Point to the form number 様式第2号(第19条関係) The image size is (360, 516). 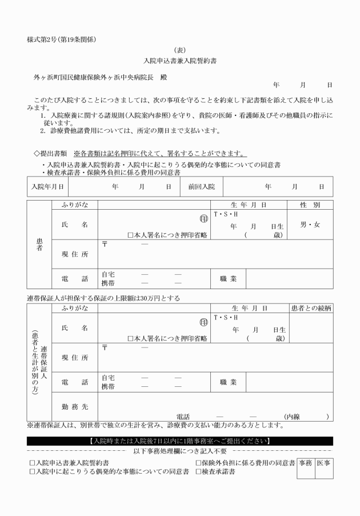[x=61, y=39]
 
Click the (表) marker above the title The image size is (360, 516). [x=179, y=50]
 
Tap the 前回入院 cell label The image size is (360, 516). [x=201, y=186]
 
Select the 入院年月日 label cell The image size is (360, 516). [x=47, y=186]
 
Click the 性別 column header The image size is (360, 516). [x=309, y=205]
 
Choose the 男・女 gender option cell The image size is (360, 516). [x=310, y=225]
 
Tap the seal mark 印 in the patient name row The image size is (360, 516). [x=203, y=218]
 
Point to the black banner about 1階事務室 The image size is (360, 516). [x=180, y=441]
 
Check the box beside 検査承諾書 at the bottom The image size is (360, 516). [x=199, y=472]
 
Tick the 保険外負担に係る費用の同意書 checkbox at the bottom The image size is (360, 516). [x=199, y=462]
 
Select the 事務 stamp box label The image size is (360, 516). [x=305, y=461]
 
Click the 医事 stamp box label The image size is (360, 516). [x=323, y=461]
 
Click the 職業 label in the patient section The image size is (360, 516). [x=228, y=279]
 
